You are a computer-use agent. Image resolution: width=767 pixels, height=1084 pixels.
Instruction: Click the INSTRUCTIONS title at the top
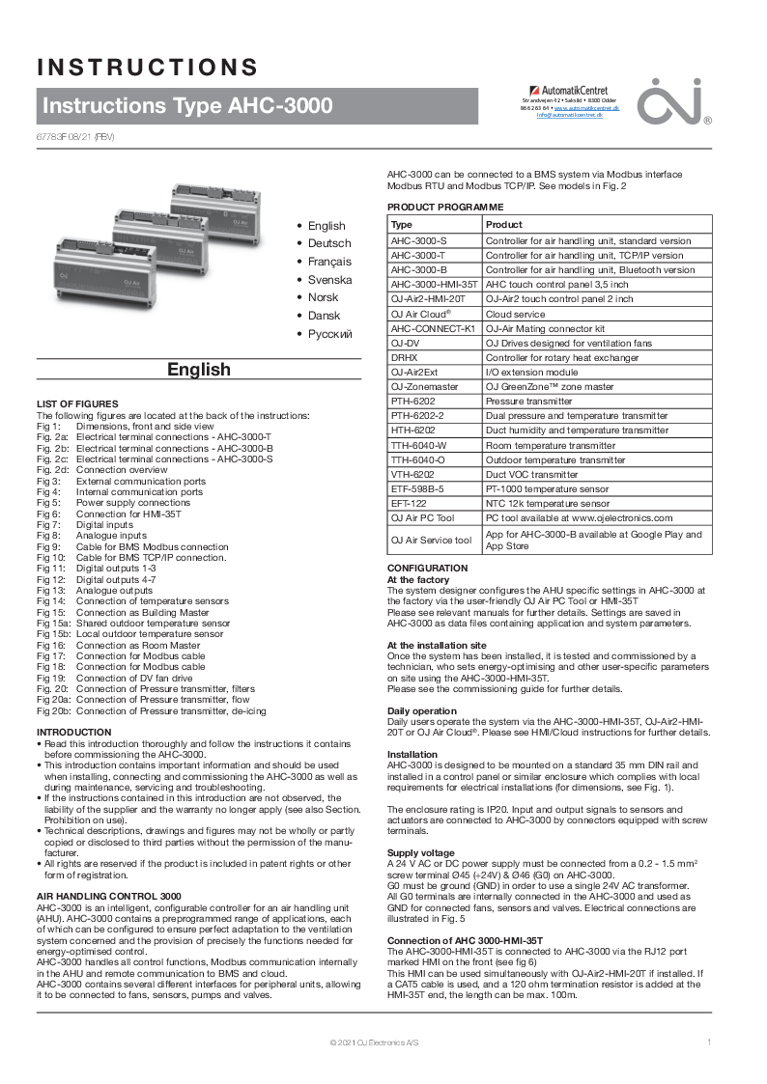148,67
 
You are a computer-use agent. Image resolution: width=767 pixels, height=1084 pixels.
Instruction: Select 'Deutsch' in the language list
329,243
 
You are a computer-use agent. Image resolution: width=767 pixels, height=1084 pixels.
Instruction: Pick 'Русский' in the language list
330,334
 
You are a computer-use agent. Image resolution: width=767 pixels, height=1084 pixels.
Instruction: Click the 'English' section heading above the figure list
199,370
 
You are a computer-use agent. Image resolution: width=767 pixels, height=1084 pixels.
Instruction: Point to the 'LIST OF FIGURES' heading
77,403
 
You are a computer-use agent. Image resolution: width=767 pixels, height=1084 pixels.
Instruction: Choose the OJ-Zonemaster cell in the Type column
424,386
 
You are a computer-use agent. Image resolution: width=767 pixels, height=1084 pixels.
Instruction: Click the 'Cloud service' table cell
515,314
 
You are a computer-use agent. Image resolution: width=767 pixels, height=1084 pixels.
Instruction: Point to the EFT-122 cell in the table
409,503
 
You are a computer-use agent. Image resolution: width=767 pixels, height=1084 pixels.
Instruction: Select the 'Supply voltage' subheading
420,853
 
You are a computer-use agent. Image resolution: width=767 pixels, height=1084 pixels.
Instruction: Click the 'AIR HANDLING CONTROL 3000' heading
108,897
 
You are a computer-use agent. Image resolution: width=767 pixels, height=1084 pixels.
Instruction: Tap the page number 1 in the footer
709,1042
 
